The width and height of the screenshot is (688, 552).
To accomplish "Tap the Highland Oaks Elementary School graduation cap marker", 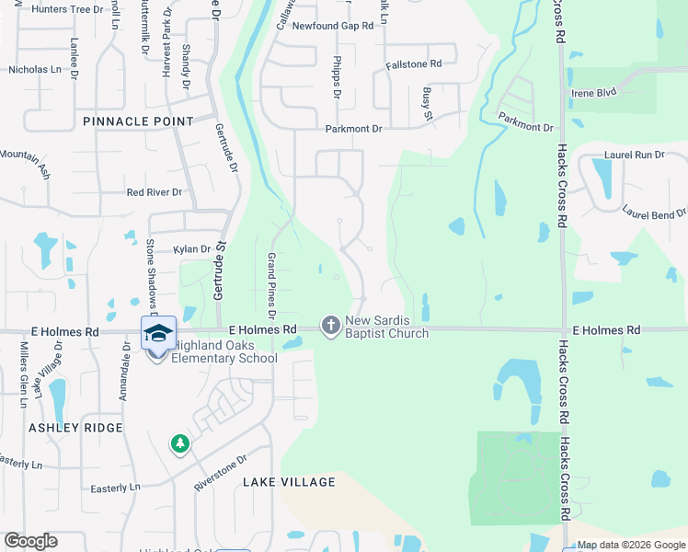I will tap(158, 334).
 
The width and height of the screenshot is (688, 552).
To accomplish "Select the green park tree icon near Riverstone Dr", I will tap(180, 444).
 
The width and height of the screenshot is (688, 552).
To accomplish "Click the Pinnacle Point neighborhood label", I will tap(138, 121).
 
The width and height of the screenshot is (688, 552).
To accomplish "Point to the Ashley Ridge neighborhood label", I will tap(75, 428).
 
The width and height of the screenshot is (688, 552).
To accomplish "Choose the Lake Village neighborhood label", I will tap(289, 482).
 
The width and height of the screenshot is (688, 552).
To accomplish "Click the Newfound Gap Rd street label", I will tap(332, 26).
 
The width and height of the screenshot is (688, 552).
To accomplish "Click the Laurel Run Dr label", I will tap(634, 155).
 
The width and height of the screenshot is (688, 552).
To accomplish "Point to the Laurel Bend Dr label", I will tap(654, 213).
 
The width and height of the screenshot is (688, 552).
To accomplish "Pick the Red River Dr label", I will tap(155, 192).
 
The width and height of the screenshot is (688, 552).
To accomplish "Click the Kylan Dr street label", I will tap(193, 249).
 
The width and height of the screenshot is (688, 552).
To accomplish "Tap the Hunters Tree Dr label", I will tap(66, 9).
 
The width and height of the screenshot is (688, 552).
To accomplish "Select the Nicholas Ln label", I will tap(35, 69).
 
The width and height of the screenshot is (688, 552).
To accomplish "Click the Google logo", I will tap(30, 541).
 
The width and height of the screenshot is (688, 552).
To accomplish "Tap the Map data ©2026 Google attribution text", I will tap(632, 545).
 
